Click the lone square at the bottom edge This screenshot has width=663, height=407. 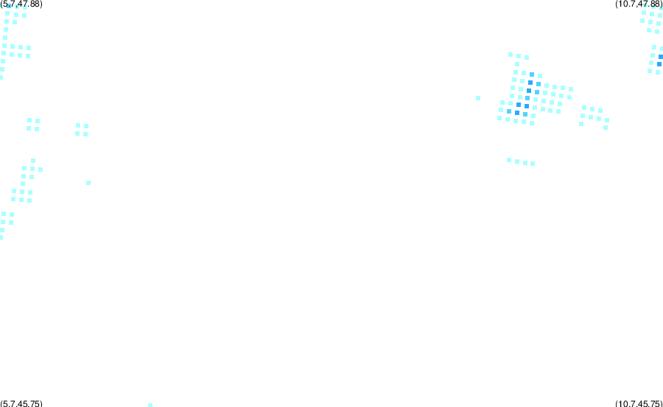click(150, 406)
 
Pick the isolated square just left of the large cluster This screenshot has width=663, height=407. click(478, 98)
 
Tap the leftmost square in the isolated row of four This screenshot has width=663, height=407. click(509, 160)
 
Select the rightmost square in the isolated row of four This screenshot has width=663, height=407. click(533, 164)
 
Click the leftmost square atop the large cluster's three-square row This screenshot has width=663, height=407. click(511, 55)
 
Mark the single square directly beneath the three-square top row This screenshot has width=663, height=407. click(517, 64)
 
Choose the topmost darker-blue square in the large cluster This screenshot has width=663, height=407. click(532, 74)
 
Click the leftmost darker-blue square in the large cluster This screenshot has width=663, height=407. click(509, 111)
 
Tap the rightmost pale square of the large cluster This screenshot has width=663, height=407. click(571, 89)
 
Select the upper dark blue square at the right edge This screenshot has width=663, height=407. click(661, 57)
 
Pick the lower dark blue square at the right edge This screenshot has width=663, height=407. click(659, 64)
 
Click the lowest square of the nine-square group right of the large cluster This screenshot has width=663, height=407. click(606, 128)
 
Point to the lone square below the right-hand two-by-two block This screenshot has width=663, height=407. click(88, 183)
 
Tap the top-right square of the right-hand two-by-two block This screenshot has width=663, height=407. click(86, 126)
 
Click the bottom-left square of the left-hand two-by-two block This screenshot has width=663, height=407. click(29, 128)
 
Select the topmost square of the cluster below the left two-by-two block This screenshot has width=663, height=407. click(33, 161)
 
